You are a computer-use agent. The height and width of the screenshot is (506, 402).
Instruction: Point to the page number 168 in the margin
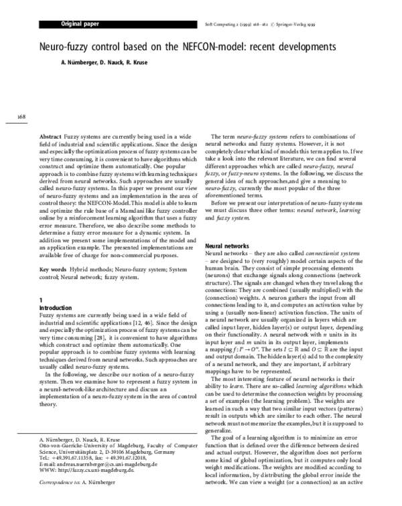tap(21, 118)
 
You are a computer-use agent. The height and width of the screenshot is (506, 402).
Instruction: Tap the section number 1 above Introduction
tap(42, 299)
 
